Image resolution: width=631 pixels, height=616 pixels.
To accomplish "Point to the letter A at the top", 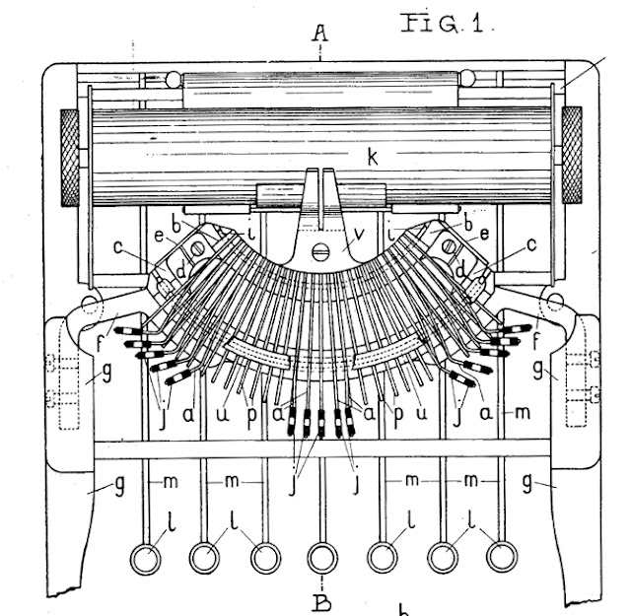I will [319, 34].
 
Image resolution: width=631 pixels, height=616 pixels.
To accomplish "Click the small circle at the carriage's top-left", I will [174, 78].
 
